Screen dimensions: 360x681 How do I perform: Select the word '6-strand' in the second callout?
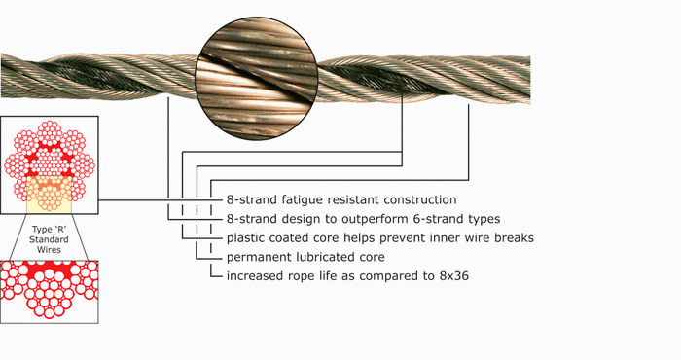click(433, 219)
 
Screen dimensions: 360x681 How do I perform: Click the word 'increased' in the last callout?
click(255, 277)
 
